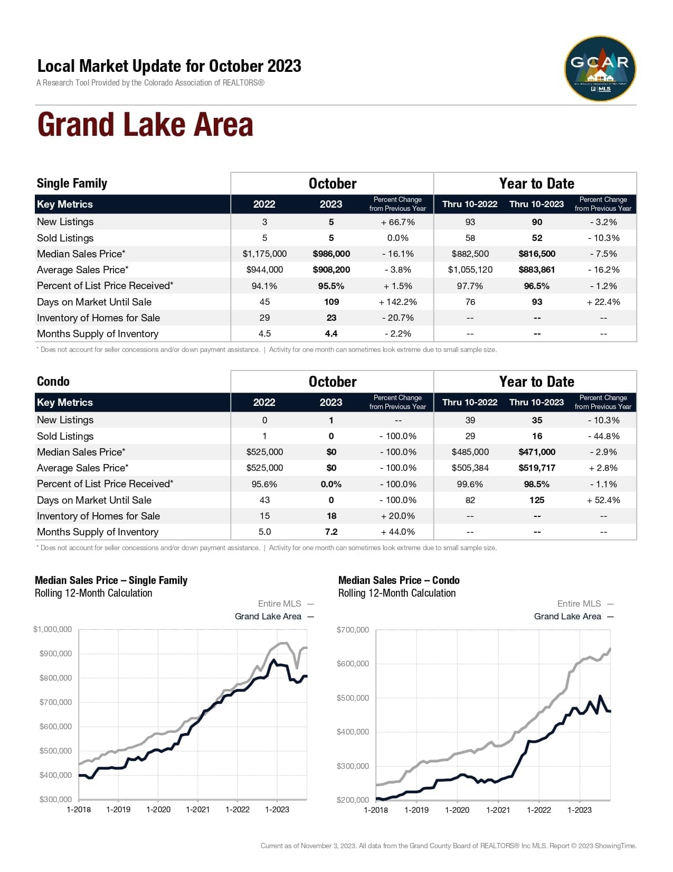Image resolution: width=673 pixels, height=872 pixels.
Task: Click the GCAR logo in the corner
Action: [x=600, y=69]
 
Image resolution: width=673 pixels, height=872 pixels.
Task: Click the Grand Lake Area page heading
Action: [x=145, y=125]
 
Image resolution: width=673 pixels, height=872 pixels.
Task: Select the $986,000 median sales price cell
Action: [x=331, y=254]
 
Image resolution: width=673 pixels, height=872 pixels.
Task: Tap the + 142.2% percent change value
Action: [x=397, y=302]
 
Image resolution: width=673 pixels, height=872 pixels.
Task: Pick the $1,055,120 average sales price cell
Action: [x=470, y=270]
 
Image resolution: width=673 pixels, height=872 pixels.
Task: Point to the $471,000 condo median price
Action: [x=536, y=452]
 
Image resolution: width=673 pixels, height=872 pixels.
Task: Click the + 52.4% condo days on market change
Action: [x=603, y=500]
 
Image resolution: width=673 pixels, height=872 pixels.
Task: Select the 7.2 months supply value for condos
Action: [x=331, y=532]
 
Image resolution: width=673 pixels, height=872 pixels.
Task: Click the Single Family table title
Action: [x=72, y=183]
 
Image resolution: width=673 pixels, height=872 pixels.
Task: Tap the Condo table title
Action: [x=53, y=382]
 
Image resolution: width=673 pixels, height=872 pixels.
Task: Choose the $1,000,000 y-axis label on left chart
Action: [x=52, y=629]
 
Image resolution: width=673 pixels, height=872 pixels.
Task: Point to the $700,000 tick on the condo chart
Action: [x=353, y=630]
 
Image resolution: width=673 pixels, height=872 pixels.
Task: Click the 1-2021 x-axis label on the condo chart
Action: [x=498, y=810]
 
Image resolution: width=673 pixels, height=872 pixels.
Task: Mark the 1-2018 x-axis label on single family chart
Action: [x=79, y=810]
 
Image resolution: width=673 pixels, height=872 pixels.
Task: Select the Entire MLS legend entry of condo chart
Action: [x=579, y=604]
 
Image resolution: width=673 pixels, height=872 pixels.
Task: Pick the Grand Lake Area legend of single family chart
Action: [x=268, y=616]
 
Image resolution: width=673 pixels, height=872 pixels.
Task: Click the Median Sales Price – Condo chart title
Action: [x=399, y=580]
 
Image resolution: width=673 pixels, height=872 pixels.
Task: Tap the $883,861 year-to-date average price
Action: [x=536, y=270]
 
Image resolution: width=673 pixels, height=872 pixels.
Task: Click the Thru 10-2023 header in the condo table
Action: [x=536, y=402]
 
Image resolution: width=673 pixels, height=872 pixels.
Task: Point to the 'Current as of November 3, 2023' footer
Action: [x=448, y=846]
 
